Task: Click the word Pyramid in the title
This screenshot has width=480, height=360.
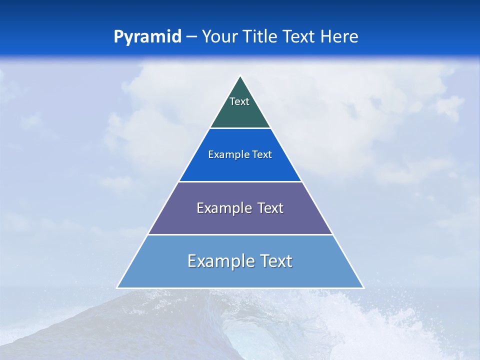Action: (x=147, y=37)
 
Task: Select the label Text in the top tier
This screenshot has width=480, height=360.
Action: (x=239, y=101)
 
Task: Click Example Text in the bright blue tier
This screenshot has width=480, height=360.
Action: (x=240, y=154)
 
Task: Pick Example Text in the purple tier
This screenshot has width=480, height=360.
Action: (x=240, y=208)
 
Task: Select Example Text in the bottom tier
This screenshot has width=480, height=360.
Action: (x=240, y=261)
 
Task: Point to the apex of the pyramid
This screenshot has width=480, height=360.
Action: (x=240, y=76)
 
